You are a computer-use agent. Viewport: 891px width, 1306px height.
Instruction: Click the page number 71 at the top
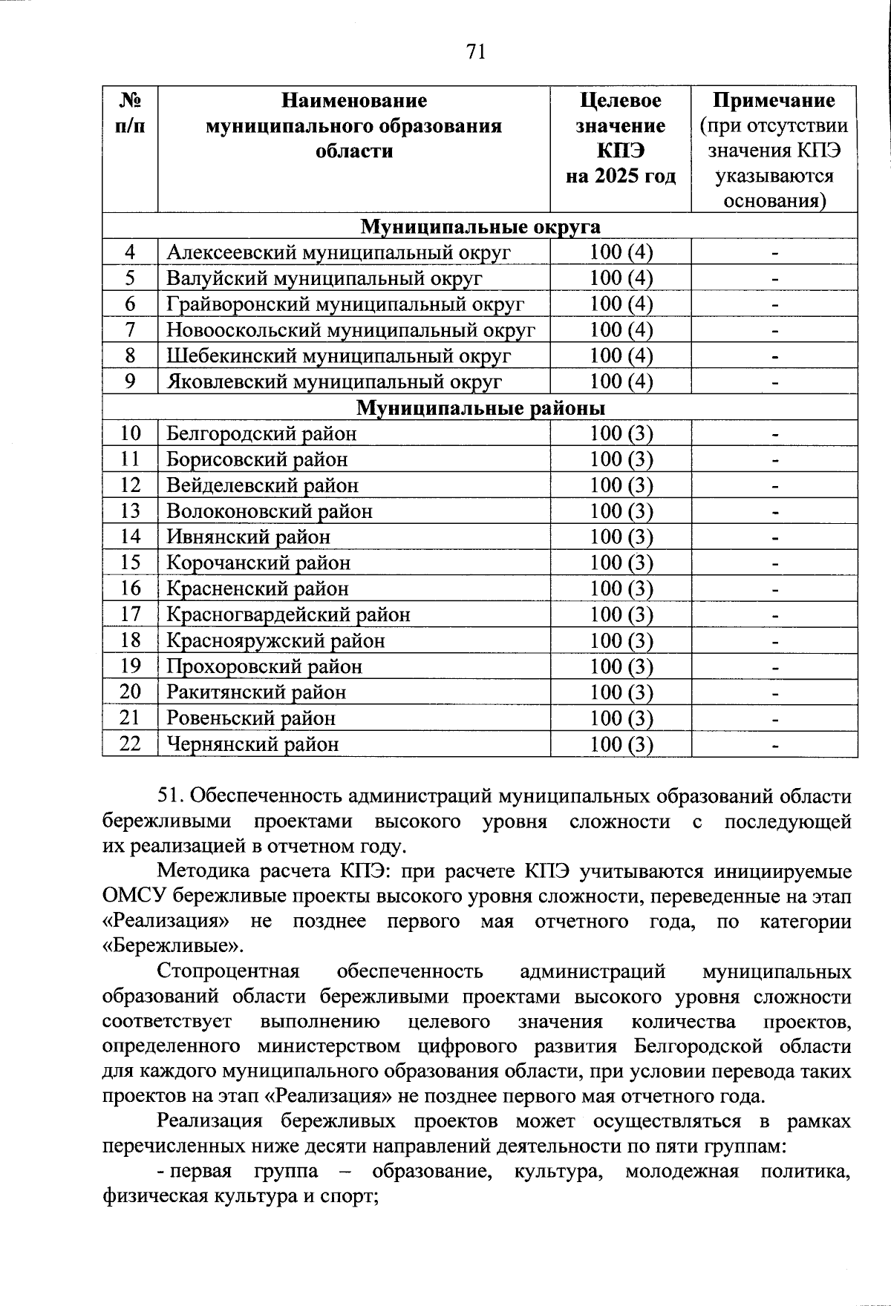tap(475, 51)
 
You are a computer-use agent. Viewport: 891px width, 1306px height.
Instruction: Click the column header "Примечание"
tap(774, 100)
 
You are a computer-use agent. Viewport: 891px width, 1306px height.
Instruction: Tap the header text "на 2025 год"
tap(621, 177)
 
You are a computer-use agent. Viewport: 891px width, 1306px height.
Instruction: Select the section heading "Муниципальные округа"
tap(480, 226)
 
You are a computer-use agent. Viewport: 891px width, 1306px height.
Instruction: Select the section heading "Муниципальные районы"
tap(480, 408)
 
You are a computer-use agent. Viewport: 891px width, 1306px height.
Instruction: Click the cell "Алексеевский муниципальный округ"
tap(339, 252)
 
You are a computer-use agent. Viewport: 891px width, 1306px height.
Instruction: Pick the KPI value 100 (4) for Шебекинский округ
tap(621, 355)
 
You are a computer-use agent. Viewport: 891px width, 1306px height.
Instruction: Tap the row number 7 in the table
tap(130, 330)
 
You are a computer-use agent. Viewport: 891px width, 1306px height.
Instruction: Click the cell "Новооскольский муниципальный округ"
tap(350, 330)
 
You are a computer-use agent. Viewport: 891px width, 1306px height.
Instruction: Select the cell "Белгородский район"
tap(261, 433)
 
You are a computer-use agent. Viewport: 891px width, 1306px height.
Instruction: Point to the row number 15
tap(130, 562)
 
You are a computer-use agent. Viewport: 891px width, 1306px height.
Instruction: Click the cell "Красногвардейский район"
tap(288, 614)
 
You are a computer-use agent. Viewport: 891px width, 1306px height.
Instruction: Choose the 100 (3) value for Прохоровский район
tap(621, 666)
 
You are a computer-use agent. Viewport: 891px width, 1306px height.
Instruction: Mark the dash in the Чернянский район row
tap(774, 745)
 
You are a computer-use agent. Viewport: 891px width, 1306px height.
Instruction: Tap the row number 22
tap(130, 744)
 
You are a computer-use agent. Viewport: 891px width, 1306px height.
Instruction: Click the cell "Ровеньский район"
tap(251, 718)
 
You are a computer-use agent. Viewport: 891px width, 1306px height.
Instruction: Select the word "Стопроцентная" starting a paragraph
tap(228, 971)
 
